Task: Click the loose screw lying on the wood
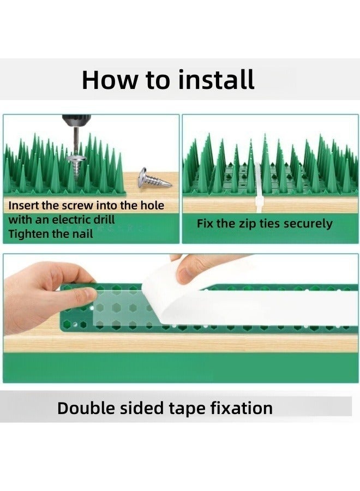click(153, 178)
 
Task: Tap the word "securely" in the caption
click(307, 224)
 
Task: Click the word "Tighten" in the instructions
click(29, 234)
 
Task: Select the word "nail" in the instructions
click(81, 234)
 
